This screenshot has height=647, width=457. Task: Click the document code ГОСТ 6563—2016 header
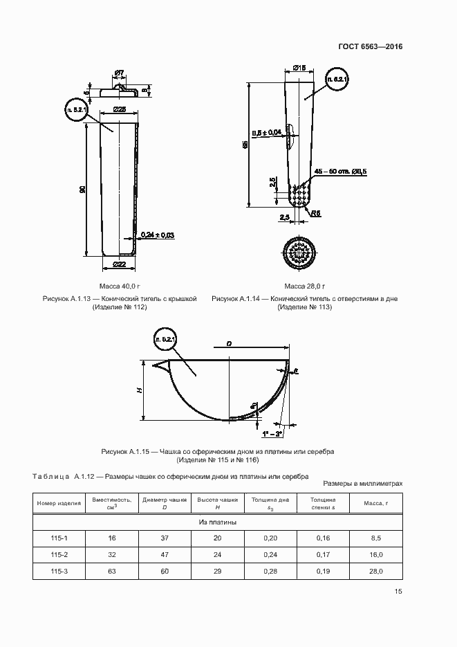coord(370,47)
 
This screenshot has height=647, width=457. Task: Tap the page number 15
coord(398,591)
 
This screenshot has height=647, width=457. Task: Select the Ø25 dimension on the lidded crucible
coord(119,110)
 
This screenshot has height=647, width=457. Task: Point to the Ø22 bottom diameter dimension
coord(118,264)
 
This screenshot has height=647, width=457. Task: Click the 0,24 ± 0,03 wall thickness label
coord(157,235)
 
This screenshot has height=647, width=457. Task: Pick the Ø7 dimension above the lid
coord(118,73)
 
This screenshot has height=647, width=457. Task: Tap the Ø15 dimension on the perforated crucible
coord(299,67)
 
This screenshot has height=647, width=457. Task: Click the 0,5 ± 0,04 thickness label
coord(267,132)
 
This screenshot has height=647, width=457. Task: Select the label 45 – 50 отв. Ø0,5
coord(340,171)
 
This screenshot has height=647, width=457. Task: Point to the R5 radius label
coord(315,214)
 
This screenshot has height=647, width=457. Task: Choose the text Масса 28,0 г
coord(304,286)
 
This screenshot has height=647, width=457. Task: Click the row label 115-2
coord(58,554)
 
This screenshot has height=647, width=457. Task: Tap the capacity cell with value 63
coord(111,572)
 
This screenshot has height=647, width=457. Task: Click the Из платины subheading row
coord(218,522)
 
